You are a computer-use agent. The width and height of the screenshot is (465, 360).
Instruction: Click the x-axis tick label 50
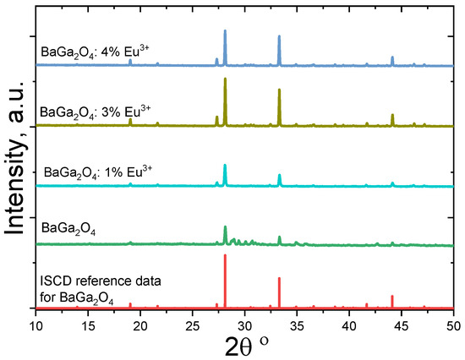[x=453, y=323]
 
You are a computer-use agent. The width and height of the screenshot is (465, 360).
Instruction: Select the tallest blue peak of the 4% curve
[x=225, y=32]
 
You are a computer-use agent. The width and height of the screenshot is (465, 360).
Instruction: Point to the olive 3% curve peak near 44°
[x=392, y=116]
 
